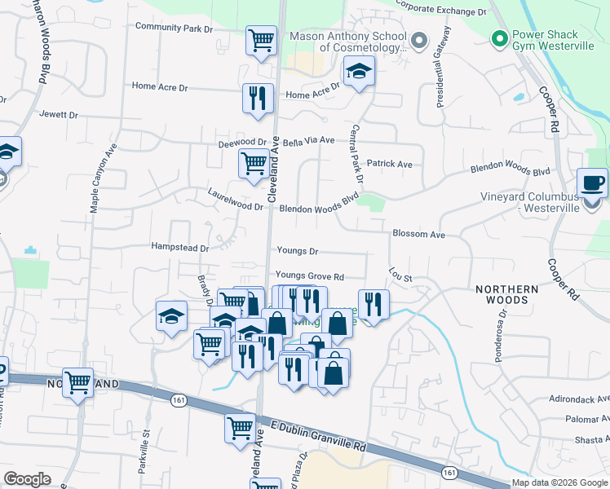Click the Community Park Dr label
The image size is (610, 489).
point(174,28)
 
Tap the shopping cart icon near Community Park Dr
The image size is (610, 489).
point(260,39)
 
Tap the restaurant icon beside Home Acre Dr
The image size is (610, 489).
point(258,98)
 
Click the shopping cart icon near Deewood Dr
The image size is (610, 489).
point(254,163)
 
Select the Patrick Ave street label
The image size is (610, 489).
point(389,164)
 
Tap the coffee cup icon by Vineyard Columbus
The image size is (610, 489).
point(591,183)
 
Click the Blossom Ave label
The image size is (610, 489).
point(418,234)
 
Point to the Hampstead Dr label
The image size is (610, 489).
point(180,246)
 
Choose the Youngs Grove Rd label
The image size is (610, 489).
point(309,276)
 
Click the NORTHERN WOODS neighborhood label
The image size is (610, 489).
point(507,295)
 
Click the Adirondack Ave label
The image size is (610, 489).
point(578,400)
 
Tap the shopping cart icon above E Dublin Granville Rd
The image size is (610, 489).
point(240,428)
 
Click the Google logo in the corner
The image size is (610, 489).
point(27,479)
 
